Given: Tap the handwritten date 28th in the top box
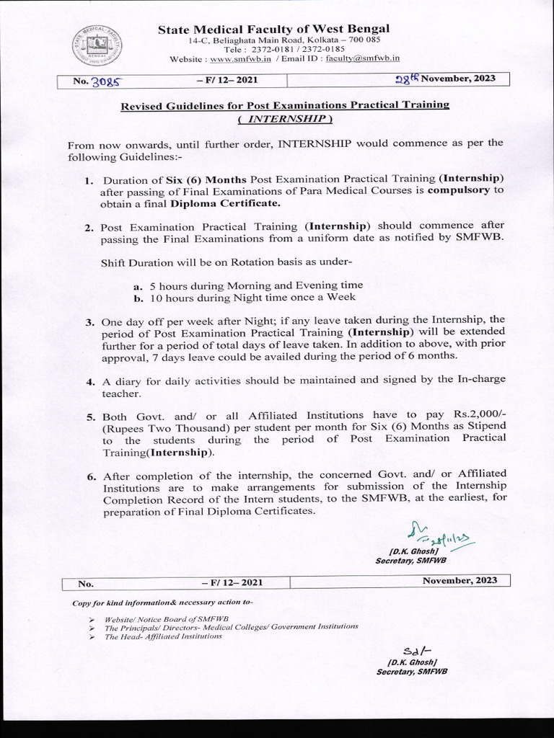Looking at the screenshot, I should (x=407, y=79).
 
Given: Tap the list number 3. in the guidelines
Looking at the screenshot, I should (x=89, y=319).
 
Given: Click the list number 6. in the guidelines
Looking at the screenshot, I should (x=90, y=476).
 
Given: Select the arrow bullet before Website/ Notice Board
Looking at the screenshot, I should (x=92, y=619).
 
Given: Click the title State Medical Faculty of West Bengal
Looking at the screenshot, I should (x=275, y=28).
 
